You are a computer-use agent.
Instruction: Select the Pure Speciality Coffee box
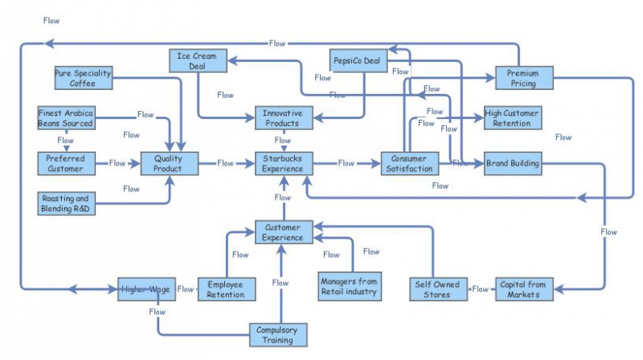point(82,77)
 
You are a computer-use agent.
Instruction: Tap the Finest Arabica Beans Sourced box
point(66,118)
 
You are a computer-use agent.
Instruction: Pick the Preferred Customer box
point(66,163)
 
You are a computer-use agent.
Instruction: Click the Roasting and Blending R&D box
point(66,202)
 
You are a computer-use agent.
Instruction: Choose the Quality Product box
point(169,163)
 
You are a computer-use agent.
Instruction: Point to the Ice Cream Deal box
point(198,60)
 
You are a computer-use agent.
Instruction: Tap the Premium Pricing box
point(522,78)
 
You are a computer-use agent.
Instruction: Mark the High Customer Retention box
point(512,118)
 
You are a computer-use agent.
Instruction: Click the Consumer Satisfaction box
point(409,163)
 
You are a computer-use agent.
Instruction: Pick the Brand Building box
point(512,163)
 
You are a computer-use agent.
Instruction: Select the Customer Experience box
point(282,232)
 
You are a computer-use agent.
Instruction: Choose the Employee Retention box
point(226,289)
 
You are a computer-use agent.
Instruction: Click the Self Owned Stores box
point(439,289)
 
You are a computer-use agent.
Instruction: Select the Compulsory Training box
point(277,334)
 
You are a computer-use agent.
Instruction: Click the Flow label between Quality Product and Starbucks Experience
point(226,163)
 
